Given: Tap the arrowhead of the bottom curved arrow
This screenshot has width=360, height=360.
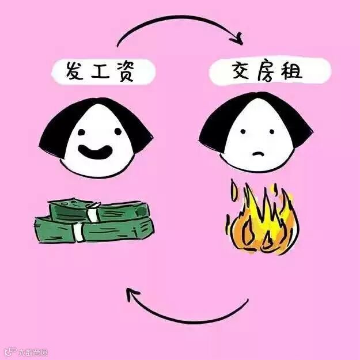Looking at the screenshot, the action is point(132,295).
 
